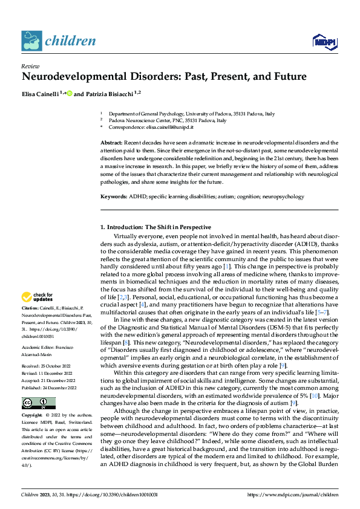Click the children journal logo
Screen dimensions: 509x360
[x=59, y=41]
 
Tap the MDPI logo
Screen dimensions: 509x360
[x=322, y=41]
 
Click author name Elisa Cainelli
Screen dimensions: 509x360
[x=42, y=94]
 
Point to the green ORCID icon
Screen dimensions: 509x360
[x=70, y=93]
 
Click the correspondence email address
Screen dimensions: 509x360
[x=172, y=128]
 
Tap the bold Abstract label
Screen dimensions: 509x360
[x=111, y=141]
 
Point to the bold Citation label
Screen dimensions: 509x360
[x=30, y=308]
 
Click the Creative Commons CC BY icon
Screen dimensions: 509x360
[x=38, y=403]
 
